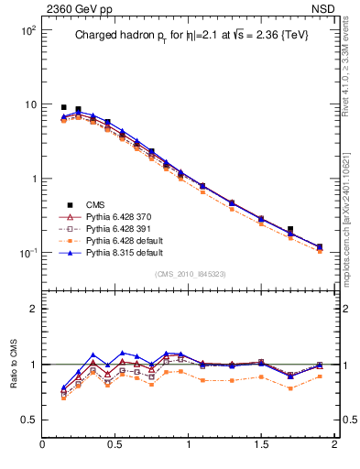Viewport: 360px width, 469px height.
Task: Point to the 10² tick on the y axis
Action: coord(28,30)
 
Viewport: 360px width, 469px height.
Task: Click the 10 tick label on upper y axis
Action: coord(30,104)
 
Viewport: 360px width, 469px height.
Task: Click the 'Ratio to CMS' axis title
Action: coord(14,364)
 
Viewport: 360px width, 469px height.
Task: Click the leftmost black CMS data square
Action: coord(63,107)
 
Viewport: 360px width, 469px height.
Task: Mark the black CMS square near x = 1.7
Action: coord(290,229)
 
